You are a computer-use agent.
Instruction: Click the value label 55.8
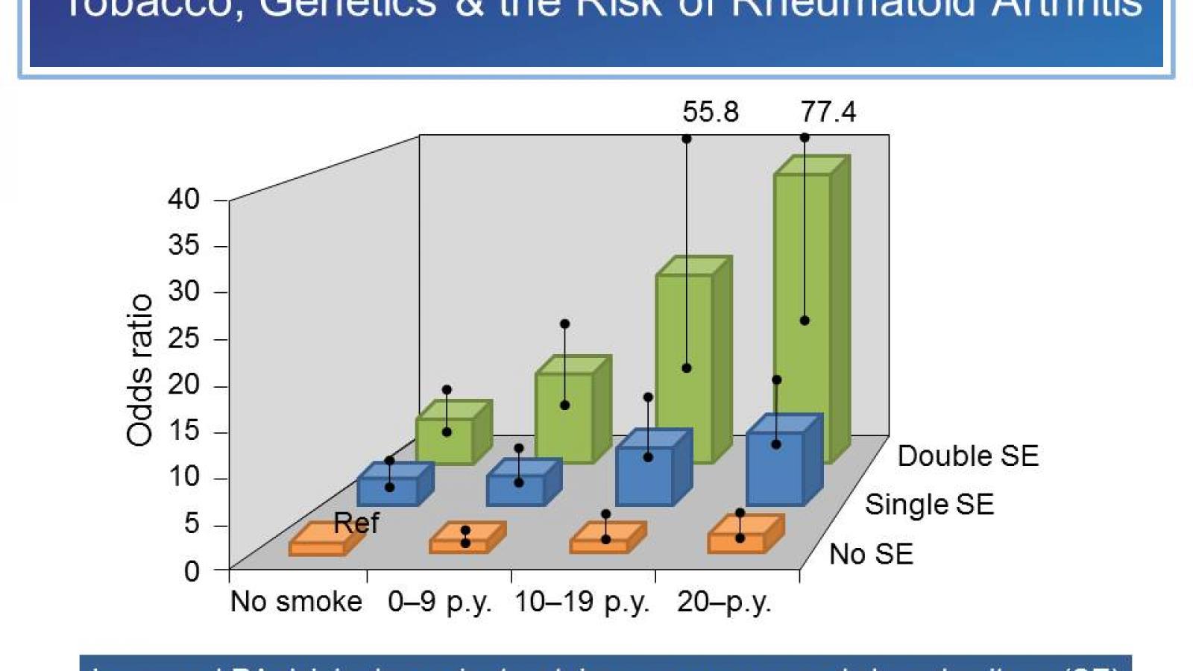[x=710, y=112]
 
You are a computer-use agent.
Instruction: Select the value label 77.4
[x=828, y=112]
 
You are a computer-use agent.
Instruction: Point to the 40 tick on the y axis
[x=183, y=199]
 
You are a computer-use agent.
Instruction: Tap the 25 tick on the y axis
[x=183, y=338]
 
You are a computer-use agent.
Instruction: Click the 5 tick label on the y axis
[x=192, y=523]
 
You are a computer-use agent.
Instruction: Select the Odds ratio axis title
[x=139, y=371]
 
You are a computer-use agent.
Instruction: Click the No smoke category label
[x=296, y=601]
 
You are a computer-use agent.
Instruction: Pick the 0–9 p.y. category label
[x=439, y=601]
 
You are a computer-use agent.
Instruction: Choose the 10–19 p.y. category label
[x=582, y=601]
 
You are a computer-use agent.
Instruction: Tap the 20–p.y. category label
[x=723, y=601]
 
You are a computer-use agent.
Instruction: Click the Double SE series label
[x=968, y=456]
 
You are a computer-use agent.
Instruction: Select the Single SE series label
[x=929, y=505]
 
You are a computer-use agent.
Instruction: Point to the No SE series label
[x=871, y=554]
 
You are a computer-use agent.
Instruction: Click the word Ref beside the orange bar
[x=356, y=523]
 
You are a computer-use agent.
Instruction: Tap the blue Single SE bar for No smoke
[x=388, y=490]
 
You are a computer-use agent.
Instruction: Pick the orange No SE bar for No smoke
[x=318, y=546]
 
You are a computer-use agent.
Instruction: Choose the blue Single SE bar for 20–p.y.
[x=775, y=467]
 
